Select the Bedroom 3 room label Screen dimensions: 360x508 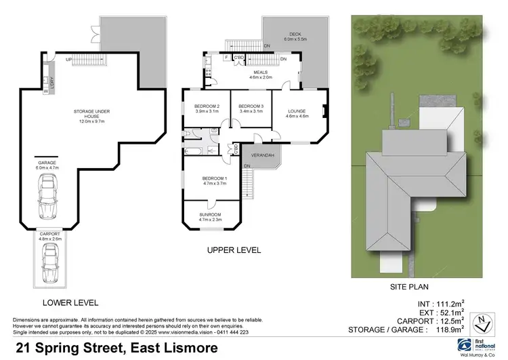tap(251, 109)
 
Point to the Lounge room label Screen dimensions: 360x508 tap(297, 113)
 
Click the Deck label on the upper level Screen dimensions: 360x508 tap(295, 35)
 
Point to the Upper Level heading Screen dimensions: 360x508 tap(234, 250)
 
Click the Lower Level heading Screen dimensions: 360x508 tap(70, 302)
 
